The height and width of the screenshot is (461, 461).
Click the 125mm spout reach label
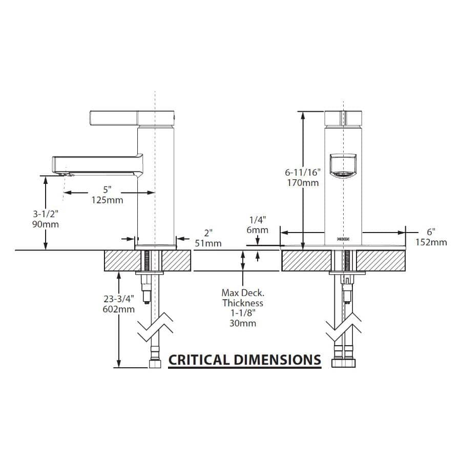[108, 200]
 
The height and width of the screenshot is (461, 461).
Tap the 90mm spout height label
[46, 224]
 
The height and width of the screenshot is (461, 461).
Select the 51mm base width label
[208, 243]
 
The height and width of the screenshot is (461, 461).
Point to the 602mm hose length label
[119, 309]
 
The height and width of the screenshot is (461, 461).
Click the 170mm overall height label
[303, 182]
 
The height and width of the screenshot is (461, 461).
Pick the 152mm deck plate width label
[431, 242]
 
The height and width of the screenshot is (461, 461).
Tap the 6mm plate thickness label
[258, 230]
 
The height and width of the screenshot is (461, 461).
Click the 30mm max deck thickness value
[243, 323]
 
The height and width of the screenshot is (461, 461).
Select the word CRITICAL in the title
[199, 360]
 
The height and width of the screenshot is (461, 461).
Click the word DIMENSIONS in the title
[277, 360]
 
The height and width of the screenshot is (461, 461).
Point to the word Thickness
[243, 303]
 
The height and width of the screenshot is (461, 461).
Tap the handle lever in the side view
[132, 118]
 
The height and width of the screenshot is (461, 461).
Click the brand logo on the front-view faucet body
[343, 239]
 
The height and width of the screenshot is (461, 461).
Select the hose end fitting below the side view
[155, 364]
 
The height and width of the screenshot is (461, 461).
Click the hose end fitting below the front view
[343, 363]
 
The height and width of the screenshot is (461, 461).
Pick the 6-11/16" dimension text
[303, 172]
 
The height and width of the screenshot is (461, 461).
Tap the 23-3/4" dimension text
[119, 299]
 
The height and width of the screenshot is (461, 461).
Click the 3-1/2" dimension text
[46, 214]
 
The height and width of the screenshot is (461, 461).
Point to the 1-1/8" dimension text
[243, 313]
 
